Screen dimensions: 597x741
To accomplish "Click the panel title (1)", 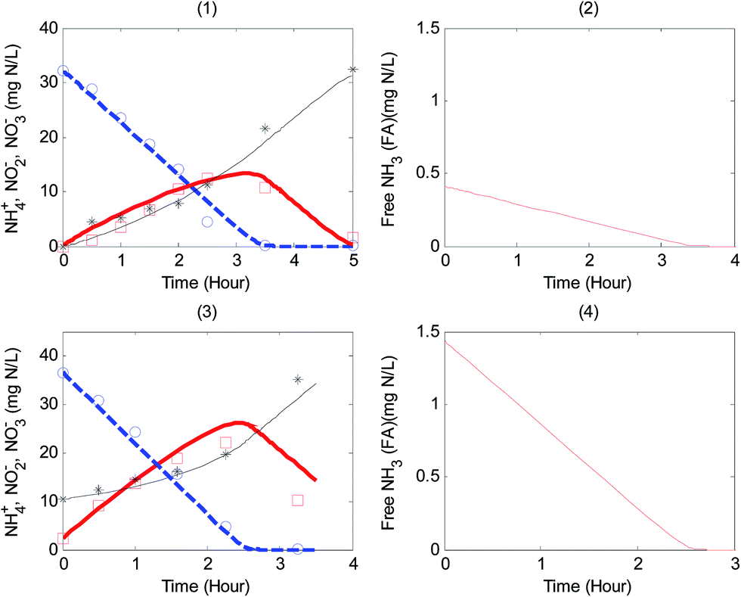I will [208, 8].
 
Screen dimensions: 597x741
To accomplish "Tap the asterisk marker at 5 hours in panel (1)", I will [352, 70].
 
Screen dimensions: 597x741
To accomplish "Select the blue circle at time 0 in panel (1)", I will [64, 71].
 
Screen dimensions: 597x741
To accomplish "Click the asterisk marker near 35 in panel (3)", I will [298, 379].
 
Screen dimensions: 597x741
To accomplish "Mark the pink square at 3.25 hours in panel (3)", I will [298, 500].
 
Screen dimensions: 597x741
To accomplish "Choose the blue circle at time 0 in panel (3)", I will [64, 373].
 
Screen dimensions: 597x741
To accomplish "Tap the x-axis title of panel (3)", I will [208, 585].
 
